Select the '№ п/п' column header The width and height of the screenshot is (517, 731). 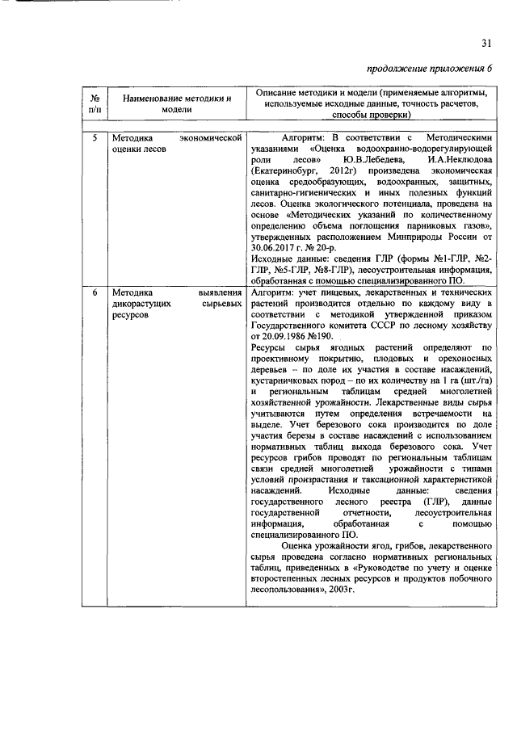point(95,103)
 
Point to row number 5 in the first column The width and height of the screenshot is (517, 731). point(95,138)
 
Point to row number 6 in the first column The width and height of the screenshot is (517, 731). point(95,291)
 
